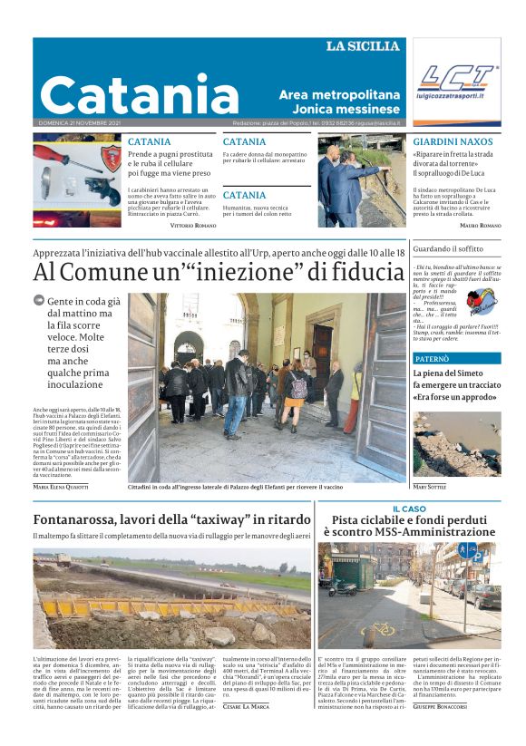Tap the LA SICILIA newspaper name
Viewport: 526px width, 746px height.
363,46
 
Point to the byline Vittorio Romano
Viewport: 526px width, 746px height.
193,225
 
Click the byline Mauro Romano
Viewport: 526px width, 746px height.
481,225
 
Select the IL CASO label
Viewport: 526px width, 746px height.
409,509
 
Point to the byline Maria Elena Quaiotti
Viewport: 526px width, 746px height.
61,487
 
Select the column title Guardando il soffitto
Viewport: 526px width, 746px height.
448,247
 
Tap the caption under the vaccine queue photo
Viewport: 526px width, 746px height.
236,488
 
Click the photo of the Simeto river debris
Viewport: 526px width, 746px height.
456,444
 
